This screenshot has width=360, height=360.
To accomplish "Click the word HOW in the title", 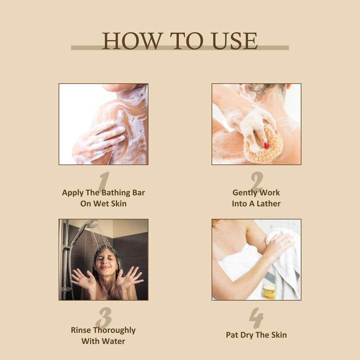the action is [132, 41].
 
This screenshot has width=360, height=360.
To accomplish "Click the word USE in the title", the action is [235, 41].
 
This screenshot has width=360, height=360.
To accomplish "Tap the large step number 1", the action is [103, 182].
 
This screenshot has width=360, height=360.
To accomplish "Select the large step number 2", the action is [257, 180].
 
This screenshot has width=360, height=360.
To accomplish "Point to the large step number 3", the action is [104, 317].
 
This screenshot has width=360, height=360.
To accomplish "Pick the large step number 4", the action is [256, 318].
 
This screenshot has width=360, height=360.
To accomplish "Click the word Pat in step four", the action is [231, 335].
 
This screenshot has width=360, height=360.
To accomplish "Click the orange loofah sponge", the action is [264, 143].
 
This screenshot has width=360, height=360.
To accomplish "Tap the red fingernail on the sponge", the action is [266, 145].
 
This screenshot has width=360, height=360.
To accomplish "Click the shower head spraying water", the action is [92, 224].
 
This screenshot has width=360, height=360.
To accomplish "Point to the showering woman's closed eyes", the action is [105, 258].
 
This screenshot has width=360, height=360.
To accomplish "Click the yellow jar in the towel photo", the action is [269, 291].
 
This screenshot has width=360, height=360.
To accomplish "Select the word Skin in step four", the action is [278, 335].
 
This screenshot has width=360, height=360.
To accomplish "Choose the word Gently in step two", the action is [244, 193].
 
